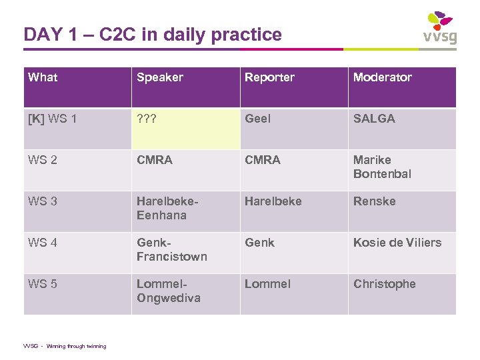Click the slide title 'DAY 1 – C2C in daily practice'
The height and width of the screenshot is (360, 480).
tap(153, 34)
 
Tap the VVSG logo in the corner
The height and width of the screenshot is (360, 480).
tap(440, 27)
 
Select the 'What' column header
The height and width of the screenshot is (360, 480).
tap(43, 77)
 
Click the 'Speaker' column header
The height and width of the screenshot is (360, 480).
tap(160, 77)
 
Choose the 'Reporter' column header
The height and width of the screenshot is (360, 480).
tap(269, 77)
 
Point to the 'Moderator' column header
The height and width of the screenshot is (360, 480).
tap(383, 77)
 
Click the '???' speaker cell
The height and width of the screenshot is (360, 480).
tap(147, 119)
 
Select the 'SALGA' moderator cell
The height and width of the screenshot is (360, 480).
tap(374, 119)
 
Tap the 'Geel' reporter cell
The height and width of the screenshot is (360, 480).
tap(257, 119)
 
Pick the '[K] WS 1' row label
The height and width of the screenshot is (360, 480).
tap(53, 119)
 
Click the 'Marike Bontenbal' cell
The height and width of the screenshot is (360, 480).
tap(382, 167)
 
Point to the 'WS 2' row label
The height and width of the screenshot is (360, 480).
tap(43, 160)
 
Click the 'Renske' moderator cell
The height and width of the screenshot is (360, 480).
tap(374, 201)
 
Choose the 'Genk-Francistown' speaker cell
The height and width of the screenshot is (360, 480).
tap(171, 249)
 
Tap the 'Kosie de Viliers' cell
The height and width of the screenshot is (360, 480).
tap(397, 243)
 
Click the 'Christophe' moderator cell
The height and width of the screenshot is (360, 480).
tap(384, 284)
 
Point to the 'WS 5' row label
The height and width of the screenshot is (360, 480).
tap(43, 284)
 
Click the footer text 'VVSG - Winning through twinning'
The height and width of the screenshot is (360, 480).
tap(65, 346)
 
